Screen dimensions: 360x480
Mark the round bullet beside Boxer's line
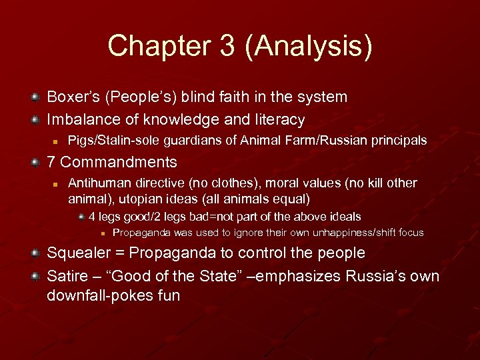coord(35,98)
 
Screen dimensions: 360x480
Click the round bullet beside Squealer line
coord(35,254)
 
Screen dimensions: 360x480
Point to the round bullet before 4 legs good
coord(81,217)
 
